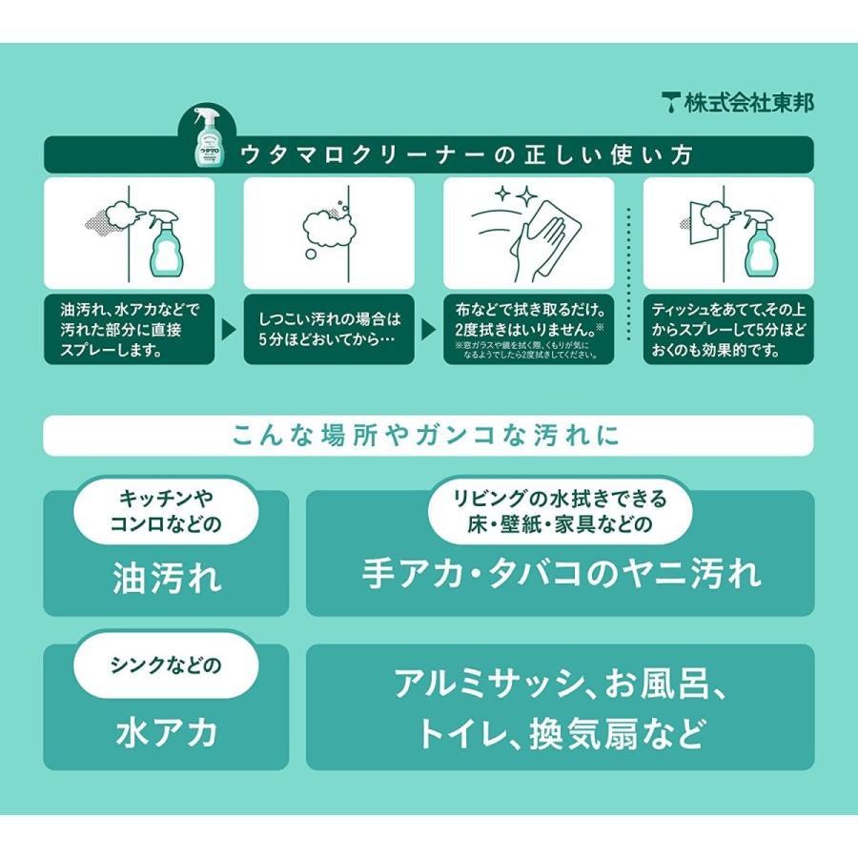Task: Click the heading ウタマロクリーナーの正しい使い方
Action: point(467,155)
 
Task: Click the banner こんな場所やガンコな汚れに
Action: point(428,436)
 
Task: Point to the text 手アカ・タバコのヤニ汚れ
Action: point(561,574)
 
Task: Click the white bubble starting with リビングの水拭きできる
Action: point(560,510)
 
